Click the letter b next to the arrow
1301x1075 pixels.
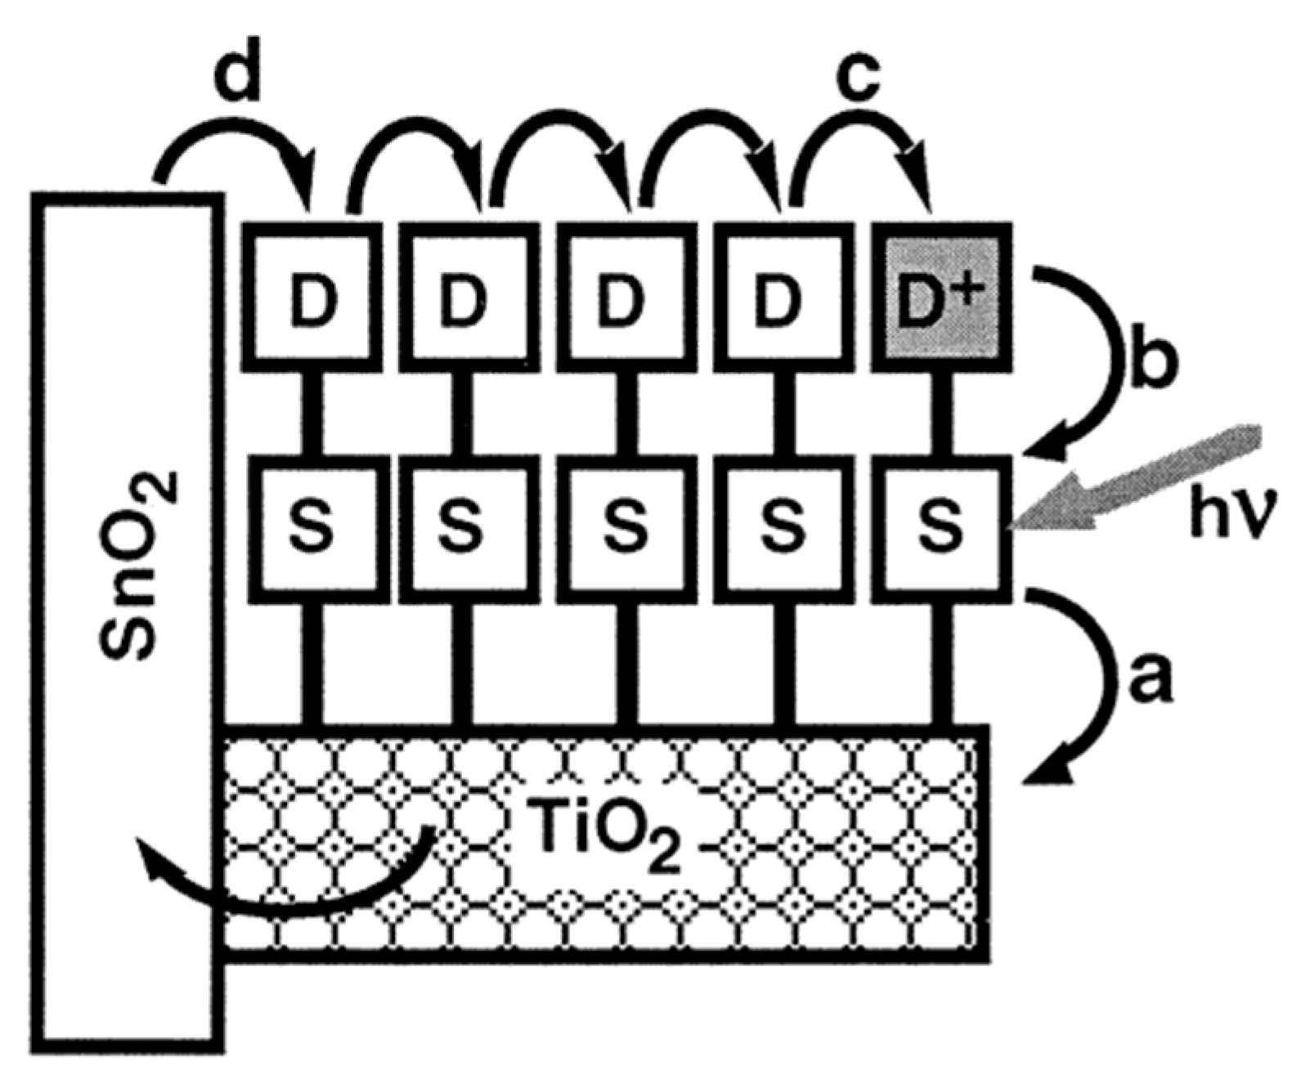[1149, 360]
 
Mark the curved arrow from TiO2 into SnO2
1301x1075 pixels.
[286, 887]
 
